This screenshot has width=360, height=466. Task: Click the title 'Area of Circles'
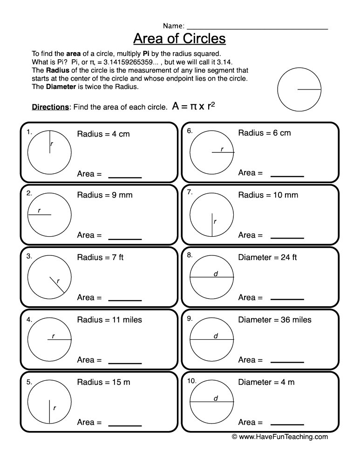(179, 38)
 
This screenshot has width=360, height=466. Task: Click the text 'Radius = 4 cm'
(103, 134)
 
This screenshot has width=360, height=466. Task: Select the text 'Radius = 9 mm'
(105, 195)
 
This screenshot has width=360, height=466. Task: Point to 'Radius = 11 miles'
(109, 320)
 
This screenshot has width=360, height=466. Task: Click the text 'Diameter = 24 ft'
(267, 257)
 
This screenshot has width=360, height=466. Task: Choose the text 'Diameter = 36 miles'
(275, 320)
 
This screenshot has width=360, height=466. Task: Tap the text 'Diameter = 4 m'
(266, 382)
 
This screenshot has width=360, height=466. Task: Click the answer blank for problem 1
(125, 177)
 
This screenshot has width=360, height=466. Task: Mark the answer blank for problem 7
(287, 238)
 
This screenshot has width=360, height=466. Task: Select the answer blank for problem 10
(287, 424)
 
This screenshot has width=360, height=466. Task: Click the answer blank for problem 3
(125, 301)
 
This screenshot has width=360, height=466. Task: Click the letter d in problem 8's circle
(216, 274)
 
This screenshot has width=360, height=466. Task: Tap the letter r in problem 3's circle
(58, 281)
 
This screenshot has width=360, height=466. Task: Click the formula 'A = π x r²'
(193, 106)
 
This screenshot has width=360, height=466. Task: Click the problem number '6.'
(190, 131)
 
